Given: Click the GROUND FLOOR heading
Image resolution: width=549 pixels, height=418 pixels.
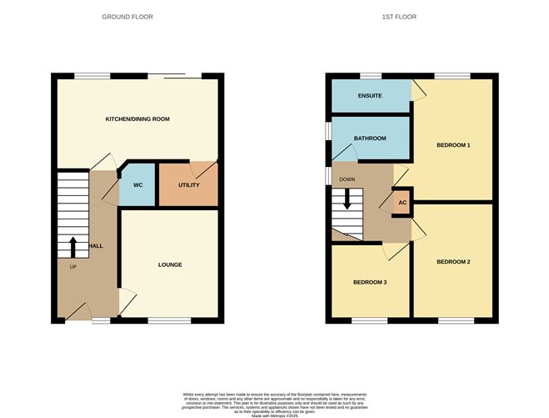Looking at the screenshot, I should pyautogui.click(x=127, y=17).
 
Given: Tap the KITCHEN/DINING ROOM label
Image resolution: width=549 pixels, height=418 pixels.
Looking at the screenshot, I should pyautogui.click(x=137, y=119).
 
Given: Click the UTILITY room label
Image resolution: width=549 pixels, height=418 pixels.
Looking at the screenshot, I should pyautogui.click(x=188, y=184).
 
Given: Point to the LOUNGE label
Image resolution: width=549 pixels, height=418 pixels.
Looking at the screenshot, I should pyautogui.click(x=170, y=264).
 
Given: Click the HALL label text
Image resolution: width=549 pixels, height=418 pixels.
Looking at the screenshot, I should pyautogui.click(x=96, y=246).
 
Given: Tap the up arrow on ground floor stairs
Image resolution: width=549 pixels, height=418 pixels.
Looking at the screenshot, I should pyautogui.click(x=73, y=247).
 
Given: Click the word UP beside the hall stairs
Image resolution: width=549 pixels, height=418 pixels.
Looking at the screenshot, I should pyautogui.click(x=72, y=267).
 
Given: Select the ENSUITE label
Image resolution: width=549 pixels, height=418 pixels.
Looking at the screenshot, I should pyautogui.click(x=370, y=96).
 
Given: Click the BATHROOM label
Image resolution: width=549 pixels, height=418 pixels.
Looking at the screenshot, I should pyautogui.click(x=370, y=138).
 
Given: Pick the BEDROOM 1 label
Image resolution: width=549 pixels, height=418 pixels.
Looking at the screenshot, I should pyautogui.click(x=453, y=146).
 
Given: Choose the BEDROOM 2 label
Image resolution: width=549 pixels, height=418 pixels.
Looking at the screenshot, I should pyautogui.click(x=453, y=262).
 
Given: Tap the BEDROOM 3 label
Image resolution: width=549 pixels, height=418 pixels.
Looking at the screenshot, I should pyautogui.click(x=370, y=282).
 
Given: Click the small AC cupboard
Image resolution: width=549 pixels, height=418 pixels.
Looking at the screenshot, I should pyautogui.click(x=402, y=203).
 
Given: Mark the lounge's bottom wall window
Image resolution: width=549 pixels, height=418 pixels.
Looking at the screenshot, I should pyautogui.click(x=169, y=320).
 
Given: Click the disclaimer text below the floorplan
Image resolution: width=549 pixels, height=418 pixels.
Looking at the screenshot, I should pyautogui.click(x=274, y=403).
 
